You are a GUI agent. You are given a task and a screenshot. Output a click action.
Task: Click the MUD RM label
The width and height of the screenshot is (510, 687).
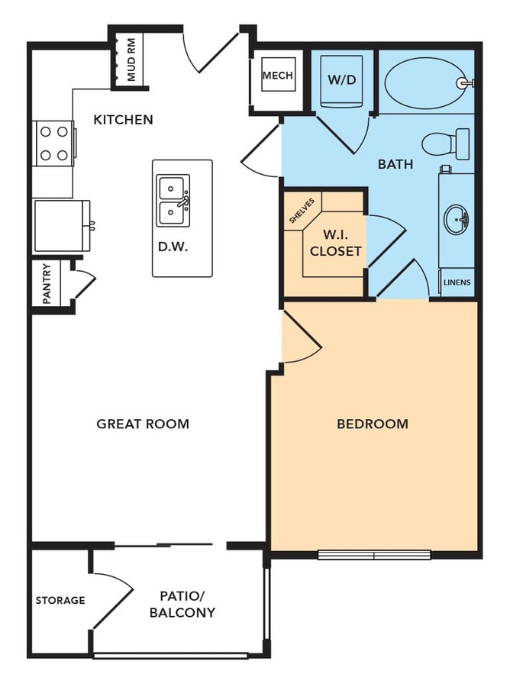tap(131, 60)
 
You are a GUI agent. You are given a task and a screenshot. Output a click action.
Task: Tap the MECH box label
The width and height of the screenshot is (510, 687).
tap(278, 76)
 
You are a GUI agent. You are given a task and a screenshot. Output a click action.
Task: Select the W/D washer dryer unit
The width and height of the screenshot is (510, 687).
tap(341, 81)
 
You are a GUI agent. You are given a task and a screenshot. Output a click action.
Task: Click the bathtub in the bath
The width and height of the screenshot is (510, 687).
tap(426, 82)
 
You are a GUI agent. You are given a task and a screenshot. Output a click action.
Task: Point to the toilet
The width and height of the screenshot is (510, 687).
tap(446, 144)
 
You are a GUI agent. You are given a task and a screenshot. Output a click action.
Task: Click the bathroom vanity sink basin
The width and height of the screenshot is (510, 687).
tap(456, 218)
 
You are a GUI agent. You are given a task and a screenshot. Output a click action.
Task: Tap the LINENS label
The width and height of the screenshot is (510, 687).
tap(457, 282)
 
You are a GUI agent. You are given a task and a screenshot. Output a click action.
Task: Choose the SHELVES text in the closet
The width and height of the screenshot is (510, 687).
tap(302, 211)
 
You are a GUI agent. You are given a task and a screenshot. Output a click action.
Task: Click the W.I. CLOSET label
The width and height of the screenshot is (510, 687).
tap(336, 243)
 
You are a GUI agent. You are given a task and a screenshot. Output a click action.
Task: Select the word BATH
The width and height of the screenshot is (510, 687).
tap(395, 164)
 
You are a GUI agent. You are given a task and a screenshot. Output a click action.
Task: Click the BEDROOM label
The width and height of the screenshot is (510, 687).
tap(373, 424)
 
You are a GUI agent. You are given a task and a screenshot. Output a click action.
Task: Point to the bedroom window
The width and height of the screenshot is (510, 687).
tap(374, 555)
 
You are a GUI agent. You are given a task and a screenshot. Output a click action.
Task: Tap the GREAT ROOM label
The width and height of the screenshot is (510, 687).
tap(143, 424)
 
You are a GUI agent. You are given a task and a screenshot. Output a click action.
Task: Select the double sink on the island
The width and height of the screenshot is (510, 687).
tap(173, 201)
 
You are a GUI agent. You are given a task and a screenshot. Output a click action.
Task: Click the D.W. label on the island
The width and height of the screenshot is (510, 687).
tap(173, 247)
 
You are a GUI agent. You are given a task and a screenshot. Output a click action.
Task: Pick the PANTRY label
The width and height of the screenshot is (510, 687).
tap(47, 284)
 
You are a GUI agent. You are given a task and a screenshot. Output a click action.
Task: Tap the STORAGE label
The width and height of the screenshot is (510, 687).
tap(60, 600)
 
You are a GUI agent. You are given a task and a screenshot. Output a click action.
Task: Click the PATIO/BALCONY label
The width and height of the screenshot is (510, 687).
tap(182, 605)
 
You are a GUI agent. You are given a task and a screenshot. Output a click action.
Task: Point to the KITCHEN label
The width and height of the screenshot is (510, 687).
tap(123, 120)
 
